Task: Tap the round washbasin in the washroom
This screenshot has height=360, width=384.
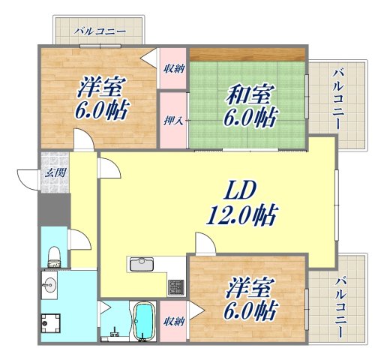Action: (x=50, y=284)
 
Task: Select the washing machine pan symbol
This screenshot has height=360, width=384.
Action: (x=51, y=323)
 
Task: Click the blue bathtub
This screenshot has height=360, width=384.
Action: (x=142, y=322)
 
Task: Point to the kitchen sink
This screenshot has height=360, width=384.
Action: (x=141, y=264)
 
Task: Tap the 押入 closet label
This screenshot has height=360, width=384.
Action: (x=172, y=118)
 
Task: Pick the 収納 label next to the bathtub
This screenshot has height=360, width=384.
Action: (x=172, y=322)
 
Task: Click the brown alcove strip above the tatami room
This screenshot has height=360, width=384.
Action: (x=247, y=54)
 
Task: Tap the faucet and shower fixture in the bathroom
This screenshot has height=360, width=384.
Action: (x=115, y=328)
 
